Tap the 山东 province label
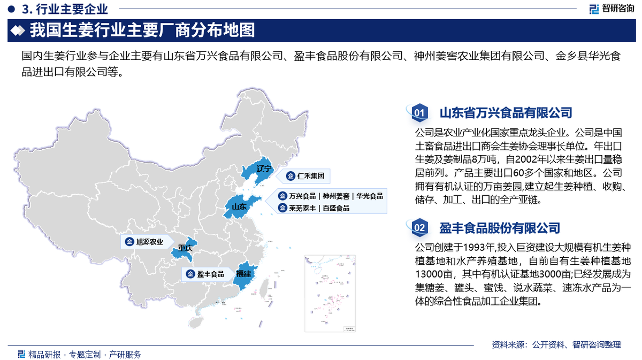239,206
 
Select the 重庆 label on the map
185,248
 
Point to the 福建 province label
243,274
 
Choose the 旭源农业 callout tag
144,242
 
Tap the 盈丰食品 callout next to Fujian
205,274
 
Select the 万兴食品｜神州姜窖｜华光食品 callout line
331,196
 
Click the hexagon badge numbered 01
419,113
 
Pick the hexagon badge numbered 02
419,228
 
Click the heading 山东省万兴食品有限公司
506,113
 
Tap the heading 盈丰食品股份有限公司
500,228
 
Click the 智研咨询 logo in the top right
612,9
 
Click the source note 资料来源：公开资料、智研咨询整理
556,344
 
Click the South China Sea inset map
333,294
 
